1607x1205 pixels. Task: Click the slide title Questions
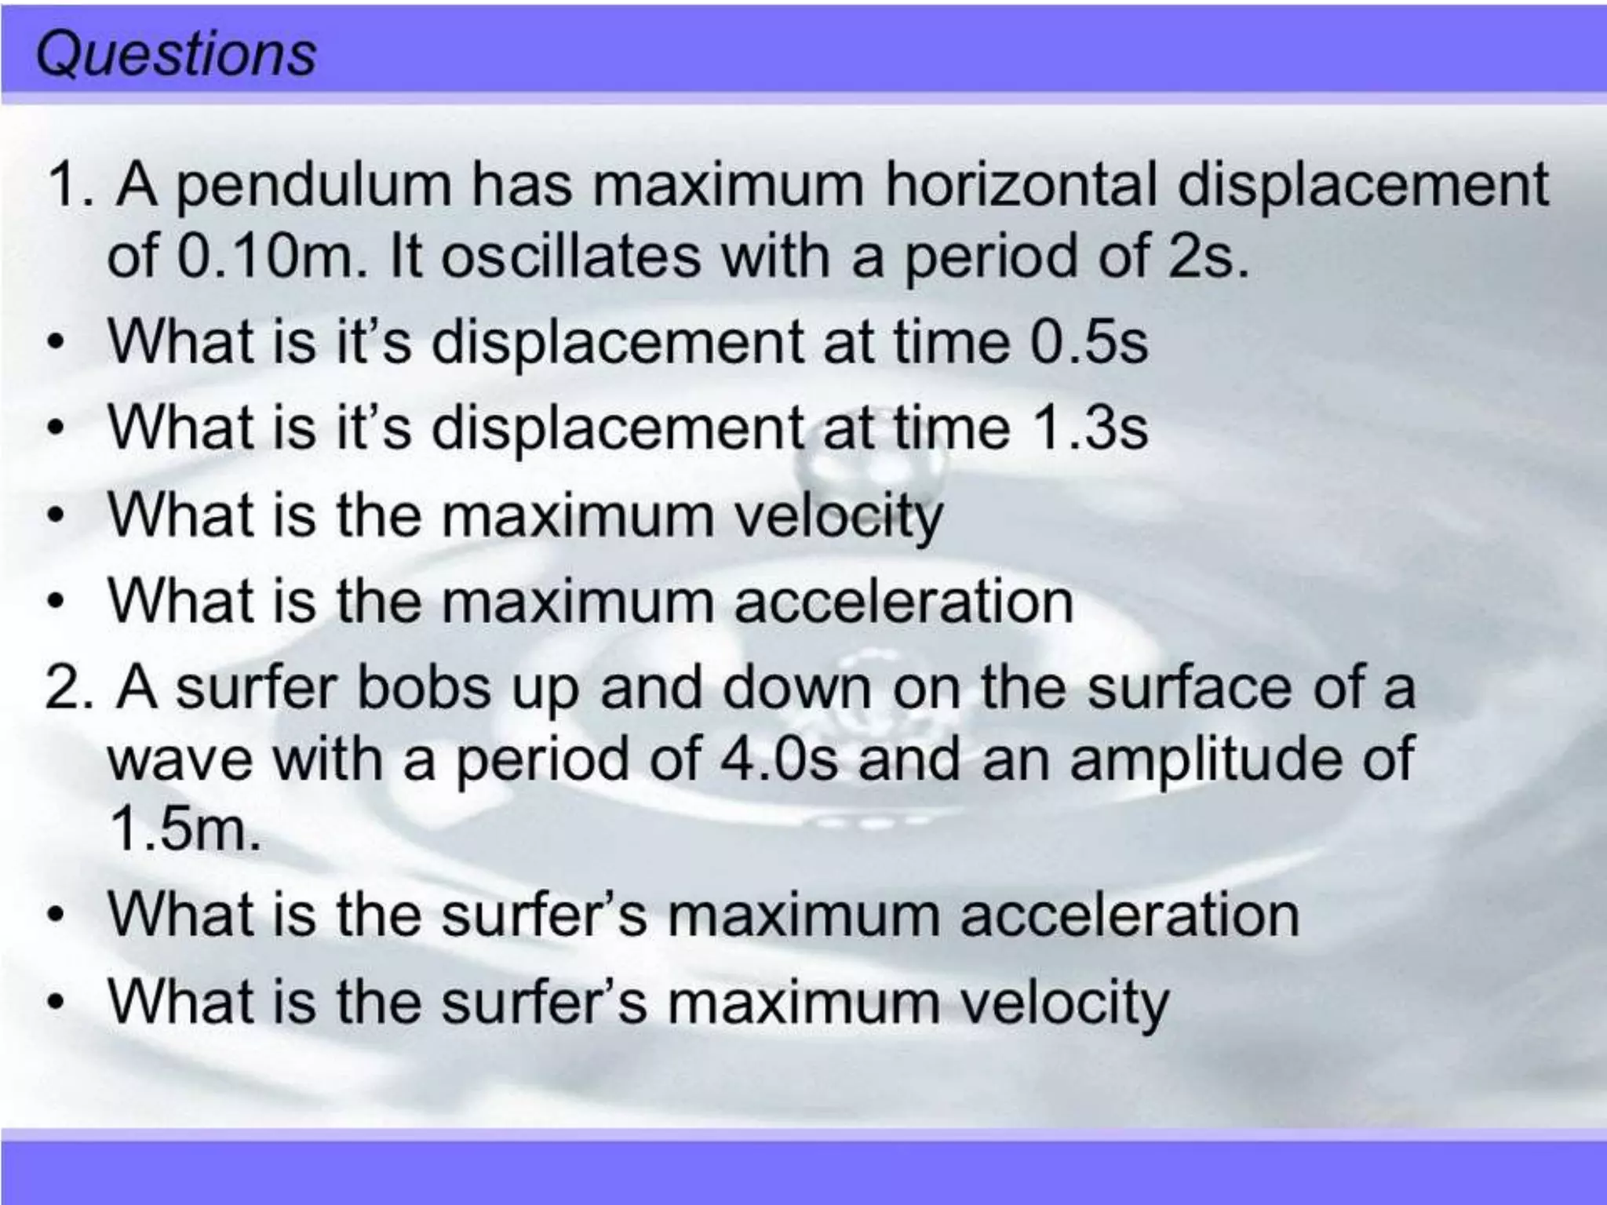pyautogui.click(x=176, y=55)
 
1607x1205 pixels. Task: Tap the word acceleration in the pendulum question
pyautogui.click(x=903, y=602)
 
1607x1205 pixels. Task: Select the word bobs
pyautogui.click(x=424, y=688)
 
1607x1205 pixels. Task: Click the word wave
pyautogui.click(x=180, y=759)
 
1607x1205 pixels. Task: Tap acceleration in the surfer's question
pyautogui.click(x=1129, y=915)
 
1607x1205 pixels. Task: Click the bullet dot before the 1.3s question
pyautogui.click(x=54, y=429)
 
